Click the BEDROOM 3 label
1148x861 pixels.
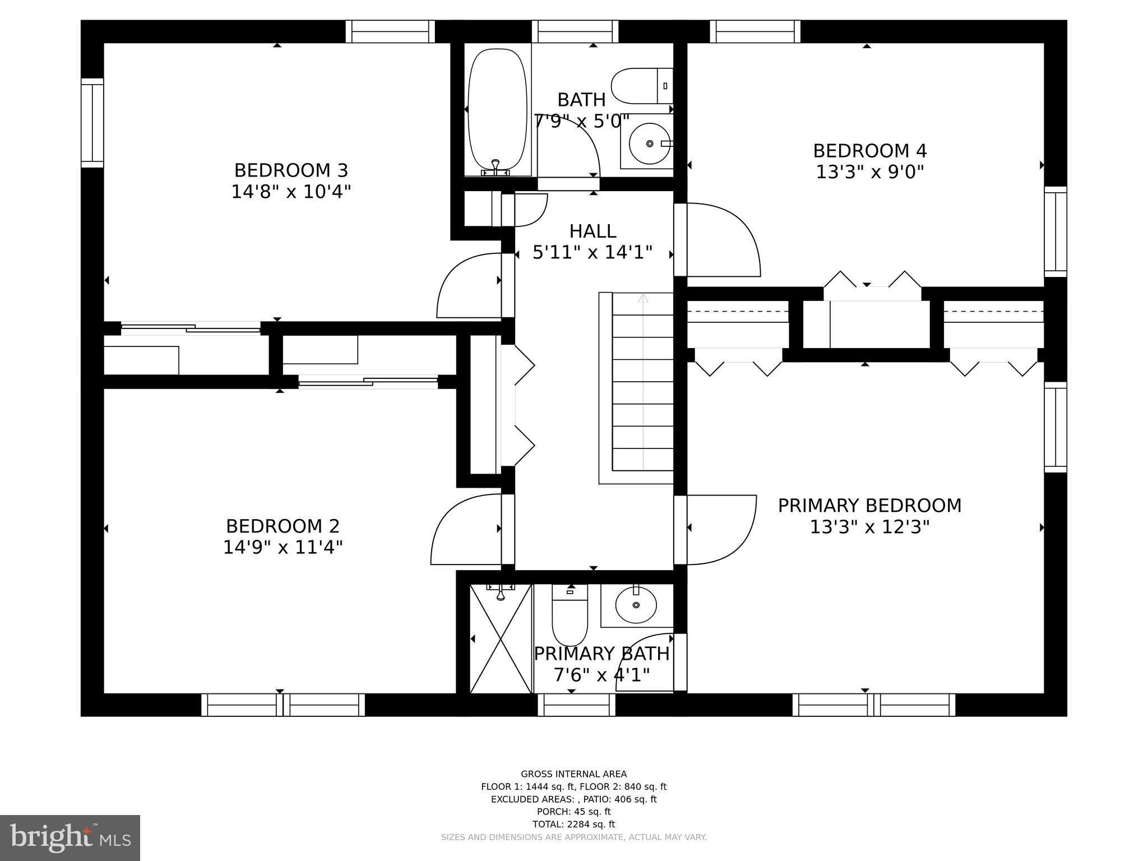click(x=291, y=170)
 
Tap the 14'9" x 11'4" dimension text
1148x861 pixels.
click(x=283, y=547)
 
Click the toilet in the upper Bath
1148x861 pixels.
click(x=641, y=86)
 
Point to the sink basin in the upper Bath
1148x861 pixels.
click(x=649, y=144)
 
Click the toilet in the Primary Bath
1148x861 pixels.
click(x=570, y=617)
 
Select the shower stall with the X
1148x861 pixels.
click(x=500, y=638)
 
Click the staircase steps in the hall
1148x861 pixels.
click(x=642, y=387)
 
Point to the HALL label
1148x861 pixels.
click(x=592, y=231)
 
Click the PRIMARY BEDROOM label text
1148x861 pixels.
click(x=869, y=506)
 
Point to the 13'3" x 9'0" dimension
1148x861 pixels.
click(x=869, y=172)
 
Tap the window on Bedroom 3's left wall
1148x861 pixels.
click(x=92, y=123)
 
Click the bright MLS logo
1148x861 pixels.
click(x=70, y=837)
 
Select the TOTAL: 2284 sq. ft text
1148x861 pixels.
click(x=573, y=824)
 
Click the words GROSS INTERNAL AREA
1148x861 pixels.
click(x=573, y=774)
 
